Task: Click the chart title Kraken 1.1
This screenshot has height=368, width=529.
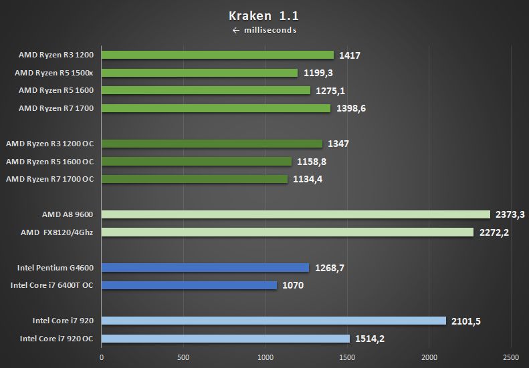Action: coord(264,15)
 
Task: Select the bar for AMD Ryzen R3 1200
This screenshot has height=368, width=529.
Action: coord(217,55)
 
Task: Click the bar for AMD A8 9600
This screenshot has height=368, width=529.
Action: coord(296,214)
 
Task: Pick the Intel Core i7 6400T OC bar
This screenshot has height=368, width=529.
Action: coord(189,285)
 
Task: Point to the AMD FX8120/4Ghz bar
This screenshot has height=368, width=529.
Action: coord(288,232)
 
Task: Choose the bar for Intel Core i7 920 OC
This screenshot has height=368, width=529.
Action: coord(225,338)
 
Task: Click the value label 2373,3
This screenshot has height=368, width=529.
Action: coord(509,214)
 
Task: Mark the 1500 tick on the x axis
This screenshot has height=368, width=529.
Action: coord(347,357)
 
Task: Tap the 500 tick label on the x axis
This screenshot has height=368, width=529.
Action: coord(183,357)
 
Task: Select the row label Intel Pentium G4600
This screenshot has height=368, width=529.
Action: coord(56,268)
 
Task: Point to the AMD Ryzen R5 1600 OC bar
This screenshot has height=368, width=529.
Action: coord(197,161)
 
